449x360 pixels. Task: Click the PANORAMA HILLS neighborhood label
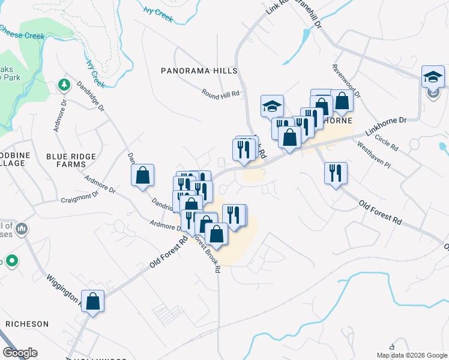click(200, 71)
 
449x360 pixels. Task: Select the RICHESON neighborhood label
click(27, 324)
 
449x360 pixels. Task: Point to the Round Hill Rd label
click(220, 94)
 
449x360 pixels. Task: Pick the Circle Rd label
click(386, 142)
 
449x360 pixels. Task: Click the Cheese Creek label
click(23, 32)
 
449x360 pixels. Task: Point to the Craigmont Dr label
click(79, 196)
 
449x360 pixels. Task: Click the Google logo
click(20, 353)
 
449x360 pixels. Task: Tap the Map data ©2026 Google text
click(412, 355)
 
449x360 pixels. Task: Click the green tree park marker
click(63, 85)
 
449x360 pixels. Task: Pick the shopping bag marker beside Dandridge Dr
click(143, 175)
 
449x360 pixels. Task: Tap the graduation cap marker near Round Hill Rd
click(272, 106)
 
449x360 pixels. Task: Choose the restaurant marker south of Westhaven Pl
click(335, 173)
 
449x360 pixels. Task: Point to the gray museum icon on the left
click(22, 229)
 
